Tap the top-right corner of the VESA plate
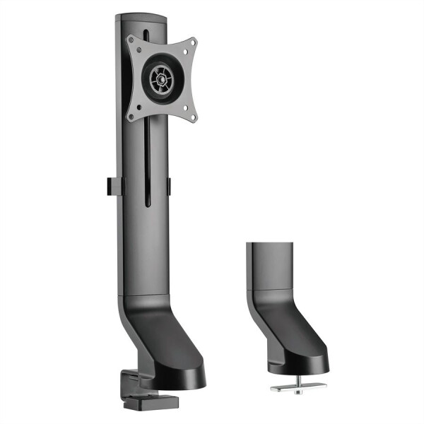191,43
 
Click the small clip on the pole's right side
170,185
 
